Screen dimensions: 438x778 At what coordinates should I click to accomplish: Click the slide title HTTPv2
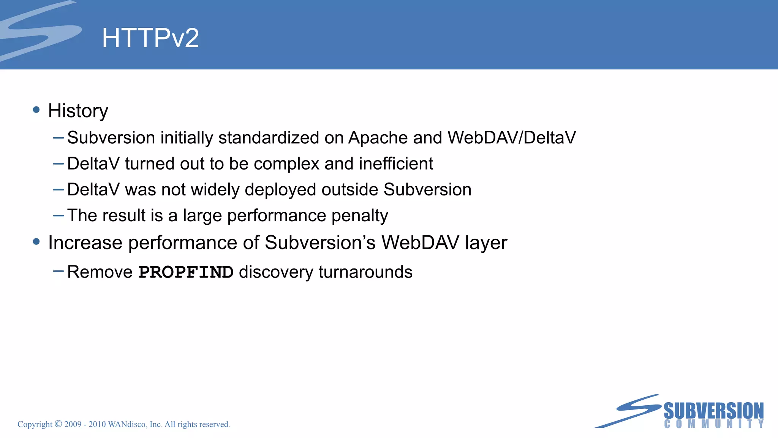point(150,38)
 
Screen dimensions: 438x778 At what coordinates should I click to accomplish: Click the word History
point(78,111)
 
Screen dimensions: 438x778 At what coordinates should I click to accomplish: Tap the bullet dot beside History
point(36,110)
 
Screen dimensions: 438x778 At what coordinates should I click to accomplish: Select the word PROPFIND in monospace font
point(186,272)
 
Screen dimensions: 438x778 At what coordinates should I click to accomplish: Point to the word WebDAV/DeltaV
point(512,138)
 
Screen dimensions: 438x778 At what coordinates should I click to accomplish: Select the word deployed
point(281,190)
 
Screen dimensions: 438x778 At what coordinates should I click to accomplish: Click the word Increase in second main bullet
point(85,243)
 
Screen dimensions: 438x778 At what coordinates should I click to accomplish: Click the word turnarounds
point(365,272)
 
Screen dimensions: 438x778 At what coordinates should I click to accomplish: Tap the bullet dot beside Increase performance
point(36,241)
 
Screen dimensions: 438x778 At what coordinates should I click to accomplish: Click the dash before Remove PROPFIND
point(59,271)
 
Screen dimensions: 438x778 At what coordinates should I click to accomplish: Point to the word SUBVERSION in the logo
point(713,411)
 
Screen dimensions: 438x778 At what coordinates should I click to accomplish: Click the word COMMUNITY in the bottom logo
point(713,424)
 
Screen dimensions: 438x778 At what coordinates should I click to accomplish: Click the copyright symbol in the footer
point(58,424)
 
